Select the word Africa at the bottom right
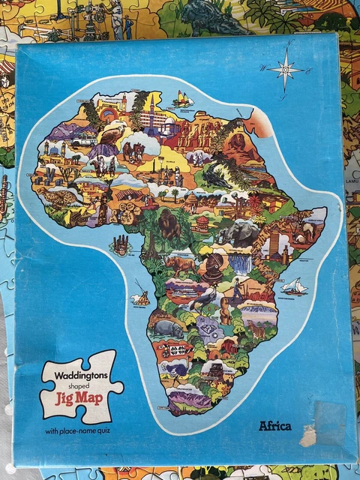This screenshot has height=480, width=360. click(275, 426)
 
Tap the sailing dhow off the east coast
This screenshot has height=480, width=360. click(295, 286)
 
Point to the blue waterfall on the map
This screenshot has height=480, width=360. click(240, 263)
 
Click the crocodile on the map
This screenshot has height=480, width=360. click(217, 178)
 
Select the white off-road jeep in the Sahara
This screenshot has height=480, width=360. click(84, 139)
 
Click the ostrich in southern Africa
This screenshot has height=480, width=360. click(202, 299)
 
